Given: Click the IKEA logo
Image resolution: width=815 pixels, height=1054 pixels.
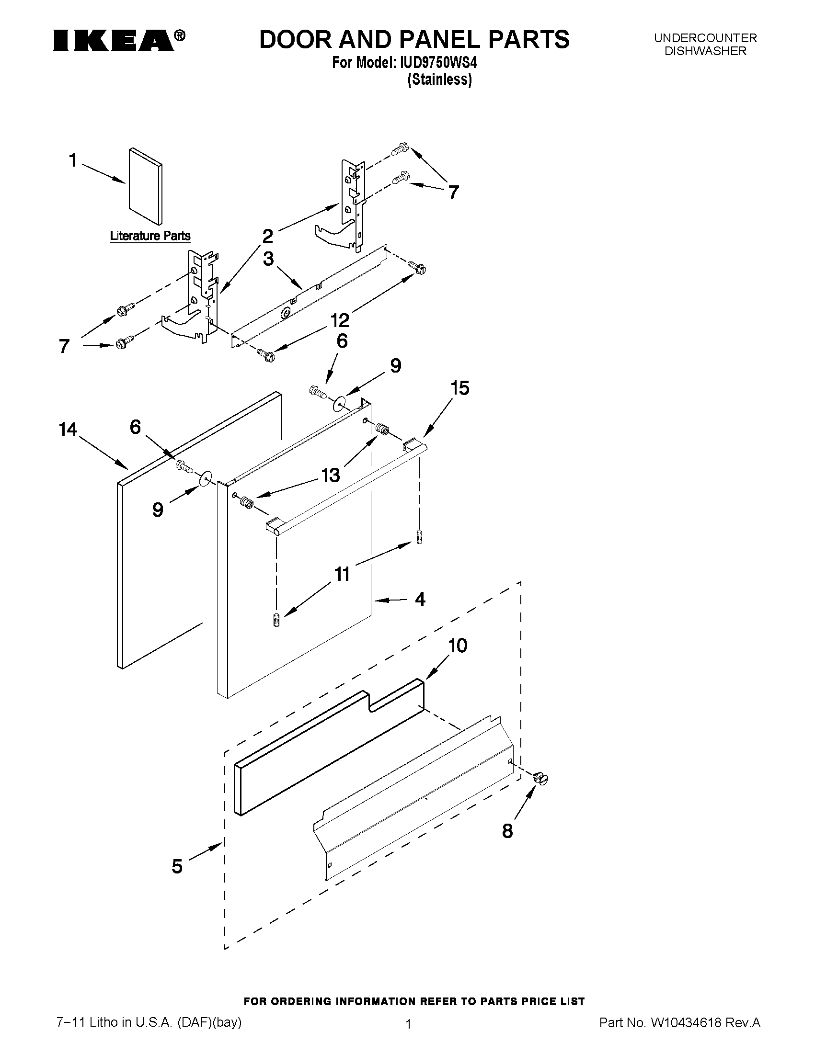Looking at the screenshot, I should click(x=118, y=40).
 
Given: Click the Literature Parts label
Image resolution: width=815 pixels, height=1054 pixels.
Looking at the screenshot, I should click(x=150, y=236).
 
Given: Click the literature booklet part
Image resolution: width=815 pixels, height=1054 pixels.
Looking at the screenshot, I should click(x=145, y=186).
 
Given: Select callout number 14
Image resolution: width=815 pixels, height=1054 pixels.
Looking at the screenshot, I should click(x=68, y=429).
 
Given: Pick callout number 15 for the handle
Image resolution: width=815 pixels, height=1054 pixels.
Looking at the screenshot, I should click(x=459, y=388).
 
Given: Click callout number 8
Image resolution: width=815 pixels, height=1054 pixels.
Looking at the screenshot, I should click(x=507, y=830).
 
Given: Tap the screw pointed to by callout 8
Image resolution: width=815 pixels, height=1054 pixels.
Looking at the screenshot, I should click(x=541, y=779).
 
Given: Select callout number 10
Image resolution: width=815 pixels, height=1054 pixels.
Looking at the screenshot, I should click(x=458, y=645).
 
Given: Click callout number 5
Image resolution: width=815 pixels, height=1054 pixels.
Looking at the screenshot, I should click(x=177, y=866).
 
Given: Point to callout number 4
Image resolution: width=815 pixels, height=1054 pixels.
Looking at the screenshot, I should click(x=420, y=600).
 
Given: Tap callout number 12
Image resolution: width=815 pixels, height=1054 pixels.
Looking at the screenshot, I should click(x=339, y=319).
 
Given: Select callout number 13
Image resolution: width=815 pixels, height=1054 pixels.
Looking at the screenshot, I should click(x=331, y=476).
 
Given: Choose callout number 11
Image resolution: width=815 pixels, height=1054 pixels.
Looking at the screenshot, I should click(x=342, y=574).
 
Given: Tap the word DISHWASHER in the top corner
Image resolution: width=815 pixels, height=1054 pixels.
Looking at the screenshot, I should click(x=705, y=51).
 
